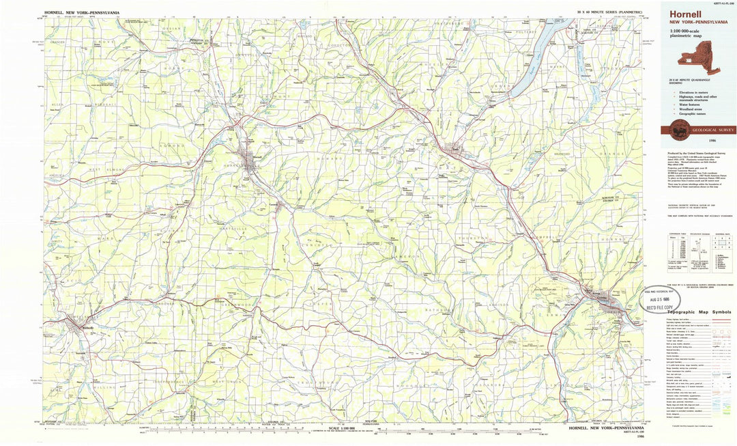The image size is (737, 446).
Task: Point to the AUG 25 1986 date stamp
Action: pyautogui.click(x=665, y=299)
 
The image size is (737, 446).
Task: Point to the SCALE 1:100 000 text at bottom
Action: pyautogui.click(x=342, y=428)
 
